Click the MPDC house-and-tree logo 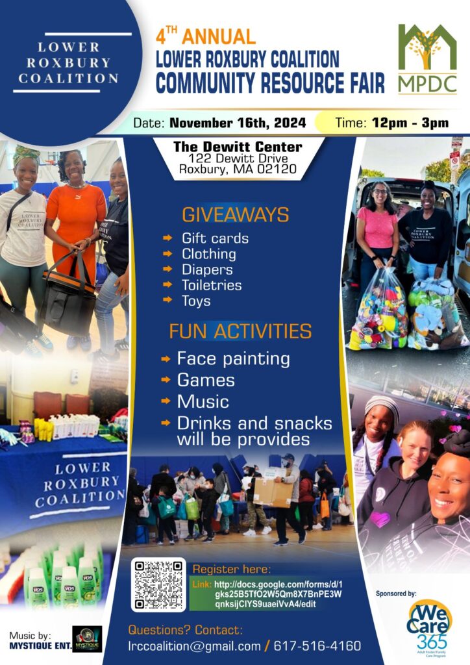tap(427, 59)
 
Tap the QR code tap(158, 584)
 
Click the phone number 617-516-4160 tap(317, 646)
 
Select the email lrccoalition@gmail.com tap(194, 646)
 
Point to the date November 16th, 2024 tap(238, 123)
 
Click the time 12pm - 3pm tap(410, 123)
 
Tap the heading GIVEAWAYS tap(236, 214)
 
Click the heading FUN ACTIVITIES tap(240, 331)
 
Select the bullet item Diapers tap(207, 270)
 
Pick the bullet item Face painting tap(234, 358)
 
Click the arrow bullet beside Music tap(166, 401)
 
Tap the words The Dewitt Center tap(238, 147)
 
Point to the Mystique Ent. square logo tap(87, 639)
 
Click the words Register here tap(231, 569)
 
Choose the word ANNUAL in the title tap(218, 36)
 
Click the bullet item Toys tap(196, 301)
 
